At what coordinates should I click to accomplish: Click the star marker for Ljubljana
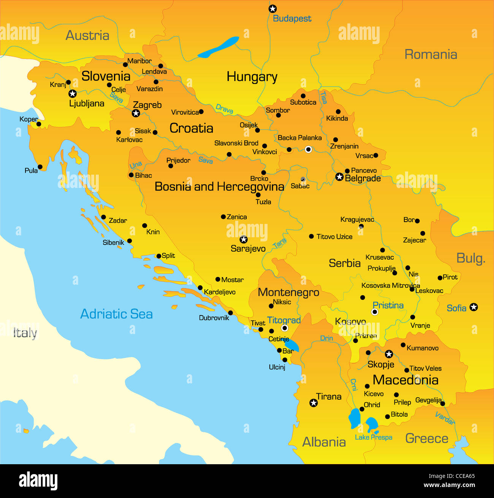72,94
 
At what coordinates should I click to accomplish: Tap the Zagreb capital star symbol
136,113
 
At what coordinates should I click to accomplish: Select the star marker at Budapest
272,9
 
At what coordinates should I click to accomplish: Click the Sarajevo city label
248,249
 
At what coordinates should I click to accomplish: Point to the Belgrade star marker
339,177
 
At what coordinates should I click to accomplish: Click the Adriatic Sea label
117,314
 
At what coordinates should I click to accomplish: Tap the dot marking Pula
40,167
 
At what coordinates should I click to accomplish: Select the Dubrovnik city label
214,318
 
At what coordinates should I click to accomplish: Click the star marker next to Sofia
473,307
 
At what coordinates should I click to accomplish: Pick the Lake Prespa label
373,437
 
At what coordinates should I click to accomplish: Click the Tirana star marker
313,403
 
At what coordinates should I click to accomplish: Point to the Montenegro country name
288,292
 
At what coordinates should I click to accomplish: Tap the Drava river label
224,109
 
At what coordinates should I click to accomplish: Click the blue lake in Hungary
218,47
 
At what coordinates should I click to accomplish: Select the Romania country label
431,54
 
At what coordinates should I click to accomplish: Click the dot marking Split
159,256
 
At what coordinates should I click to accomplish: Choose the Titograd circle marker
285,328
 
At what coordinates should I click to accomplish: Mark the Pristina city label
388,305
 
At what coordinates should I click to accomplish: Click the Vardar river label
445,418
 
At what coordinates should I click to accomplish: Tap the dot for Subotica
303,96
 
